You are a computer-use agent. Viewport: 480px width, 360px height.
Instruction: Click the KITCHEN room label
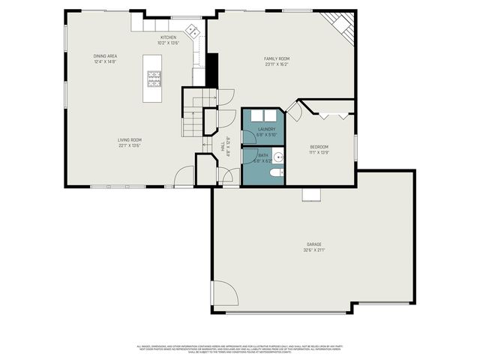168,37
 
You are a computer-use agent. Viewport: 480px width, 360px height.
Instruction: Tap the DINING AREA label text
105,55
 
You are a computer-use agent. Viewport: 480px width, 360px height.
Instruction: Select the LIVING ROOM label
129,139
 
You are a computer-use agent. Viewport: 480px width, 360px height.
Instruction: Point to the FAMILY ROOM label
277,58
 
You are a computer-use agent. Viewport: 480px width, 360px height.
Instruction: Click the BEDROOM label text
319,146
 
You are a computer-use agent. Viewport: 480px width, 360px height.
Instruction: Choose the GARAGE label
313,244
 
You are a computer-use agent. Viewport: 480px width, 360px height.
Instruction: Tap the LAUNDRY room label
267,129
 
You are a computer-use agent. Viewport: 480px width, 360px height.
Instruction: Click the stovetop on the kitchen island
154,76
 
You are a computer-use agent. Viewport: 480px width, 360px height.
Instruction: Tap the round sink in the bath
277,157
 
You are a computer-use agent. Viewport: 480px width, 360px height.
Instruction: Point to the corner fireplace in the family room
342,24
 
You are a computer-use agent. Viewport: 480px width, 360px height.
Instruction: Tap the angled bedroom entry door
295,112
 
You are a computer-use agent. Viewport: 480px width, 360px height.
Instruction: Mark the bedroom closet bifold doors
334,114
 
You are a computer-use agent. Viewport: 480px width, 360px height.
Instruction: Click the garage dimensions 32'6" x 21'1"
313,250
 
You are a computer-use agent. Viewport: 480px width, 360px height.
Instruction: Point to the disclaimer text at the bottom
240,349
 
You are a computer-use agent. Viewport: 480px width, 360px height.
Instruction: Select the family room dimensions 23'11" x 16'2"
277,64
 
